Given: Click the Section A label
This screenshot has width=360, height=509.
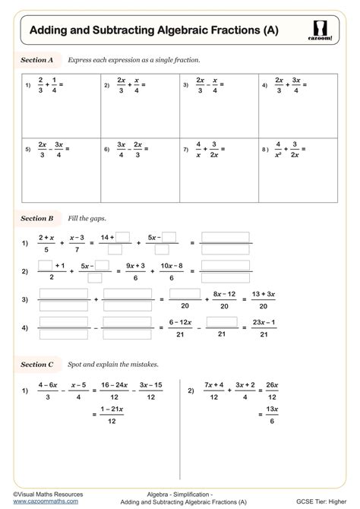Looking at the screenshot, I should pyautogui.click(x=37, y=58).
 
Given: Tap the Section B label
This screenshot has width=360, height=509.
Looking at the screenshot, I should pyautogui.click(x=37, y=218).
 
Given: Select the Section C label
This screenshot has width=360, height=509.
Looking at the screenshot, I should pyautogui.click(x=37, y=365).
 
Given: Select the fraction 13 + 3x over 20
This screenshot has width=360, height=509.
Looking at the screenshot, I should pyautogui.click(x=261, y=300).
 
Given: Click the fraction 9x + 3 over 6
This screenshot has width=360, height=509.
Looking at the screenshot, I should pyautogui.click(x=135, y=271).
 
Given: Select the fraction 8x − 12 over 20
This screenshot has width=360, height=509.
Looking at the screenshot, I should pyautogui.click(x=220, y=300).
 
